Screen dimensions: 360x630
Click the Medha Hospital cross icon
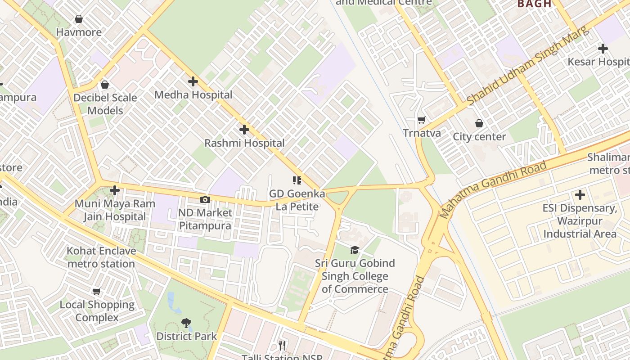coord(193,81)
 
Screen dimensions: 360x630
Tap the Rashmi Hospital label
coord(244,143)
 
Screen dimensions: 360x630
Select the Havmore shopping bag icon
coord(79,19)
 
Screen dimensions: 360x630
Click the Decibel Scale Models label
coord(105,104)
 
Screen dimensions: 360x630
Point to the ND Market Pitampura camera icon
coord(205,199)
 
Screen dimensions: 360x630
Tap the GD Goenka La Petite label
coord(297,200)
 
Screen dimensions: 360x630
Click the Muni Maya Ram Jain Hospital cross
coord(115,190)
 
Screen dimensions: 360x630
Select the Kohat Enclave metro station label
coord(101,257)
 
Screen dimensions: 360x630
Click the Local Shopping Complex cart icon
coord(97,292)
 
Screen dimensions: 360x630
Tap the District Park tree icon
coord(186,323)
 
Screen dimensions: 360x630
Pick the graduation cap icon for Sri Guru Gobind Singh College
coord(355,250)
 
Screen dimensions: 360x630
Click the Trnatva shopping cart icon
coord(422,120)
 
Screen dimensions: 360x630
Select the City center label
coord(479,137)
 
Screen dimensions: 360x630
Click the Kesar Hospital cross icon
coord(603,49)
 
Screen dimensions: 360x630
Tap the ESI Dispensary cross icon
coord(580,195)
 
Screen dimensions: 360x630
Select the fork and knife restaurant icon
coord(282,345)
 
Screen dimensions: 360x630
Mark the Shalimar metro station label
coord(609,164)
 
